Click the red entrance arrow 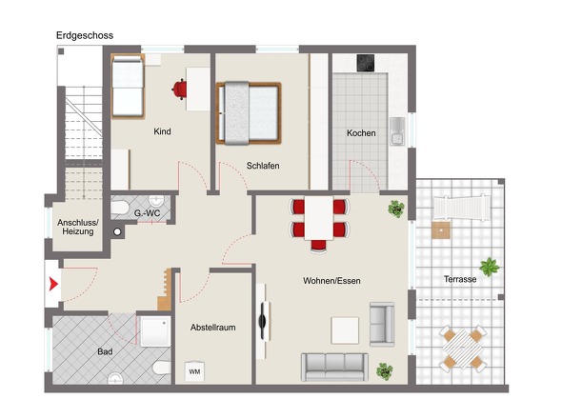click(x=53, y=284)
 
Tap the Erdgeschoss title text click(x=85, y=35)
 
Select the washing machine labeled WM click(x=194, y=371)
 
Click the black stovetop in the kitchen click(x=366, y=63)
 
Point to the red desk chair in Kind click(x=179, y=89)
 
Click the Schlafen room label click(x=263, y=166)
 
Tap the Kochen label click(x=361, y=133)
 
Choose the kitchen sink click(x=397, y=131)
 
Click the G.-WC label click(x=147, y=213)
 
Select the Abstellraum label click(x=213, y=328)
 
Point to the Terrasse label click(x=460, y=279)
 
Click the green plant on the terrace click(x=490, y=267)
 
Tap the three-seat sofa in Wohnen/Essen click(x=334, y=367)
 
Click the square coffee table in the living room click(x=345, y=330)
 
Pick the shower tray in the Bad click(x=155, y=331)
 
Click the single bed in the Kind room click(x=128, y=86)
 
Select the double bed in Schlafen click(x=248, y=113)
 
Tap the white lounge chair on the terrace click(x=460, y=209)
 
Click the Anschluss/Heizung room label click(x=78, y=227)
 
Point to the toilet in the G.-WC click(x=119, y=208)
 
